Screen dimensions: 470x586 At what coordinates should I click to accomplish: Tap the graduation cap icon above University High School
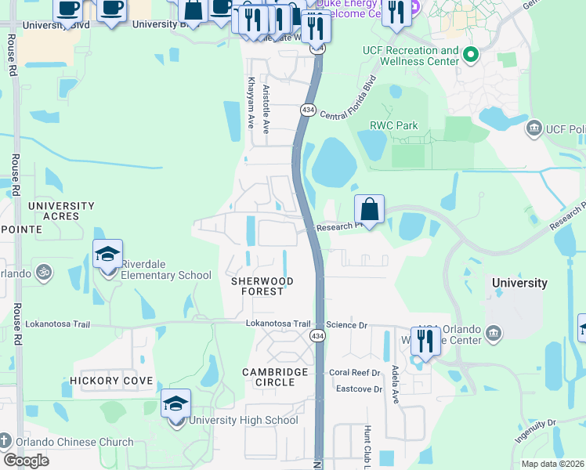coord(176,404)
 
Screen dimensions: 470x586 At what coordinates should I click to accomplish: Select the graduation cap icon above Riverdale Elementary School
coord(107,254)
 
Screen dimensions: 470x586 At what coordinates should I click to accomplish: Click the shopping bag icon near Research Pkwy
coord(370,209)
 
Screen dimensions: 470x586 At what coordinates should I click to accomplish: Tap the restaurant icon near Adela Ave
coord(425,341)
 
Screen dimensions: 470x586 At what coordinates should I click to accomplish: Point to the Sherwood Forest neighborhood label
coord(262,286)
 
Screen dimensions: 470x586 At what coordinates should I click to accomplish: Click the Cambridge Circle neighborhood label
coord(269,377)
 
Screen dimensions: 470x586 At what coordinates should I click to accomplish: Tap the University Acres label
coord(61,211)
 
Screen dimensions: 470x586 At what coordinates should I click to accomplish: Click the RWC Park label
coord(393,125)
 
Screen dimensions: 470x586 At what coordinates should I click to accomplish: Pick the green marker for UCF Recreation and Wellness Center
coord(470,55)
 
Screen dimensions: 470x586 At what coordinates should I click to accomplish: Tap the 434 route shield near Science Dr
coord(318,335)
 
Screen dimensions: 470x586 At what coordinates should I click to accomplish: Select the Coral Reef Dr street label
coord(354,373)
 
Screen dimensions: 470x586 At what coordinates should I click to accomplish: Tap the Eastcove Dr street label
coord(359,389)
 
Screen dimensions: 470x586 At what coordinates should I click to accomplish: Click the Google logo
coord(25,460)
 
